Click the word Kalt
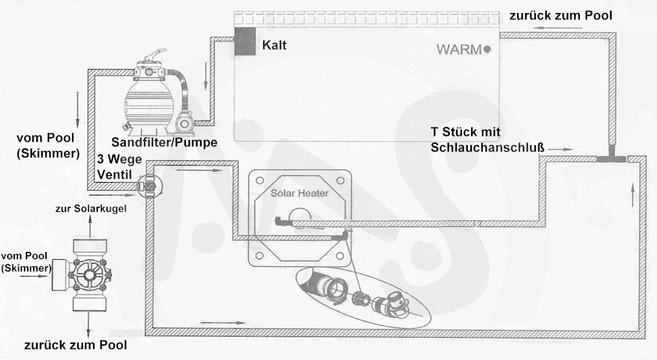click(275, 45)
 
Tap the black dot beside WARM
click(487, 49)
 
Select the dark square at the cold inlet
click(245, 41)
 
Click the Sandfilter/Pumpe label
click(165, 142)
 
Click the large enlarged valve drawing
click(82, 275)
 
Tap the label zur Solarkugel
click(91, 208)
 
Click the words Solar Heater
click(299, 193)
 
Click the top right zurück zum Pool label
click(560, 16)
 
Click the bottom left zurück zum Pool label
click(75, 345)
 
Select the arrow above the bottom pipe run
click(222, 322)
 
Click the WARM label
click(459, 49)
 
